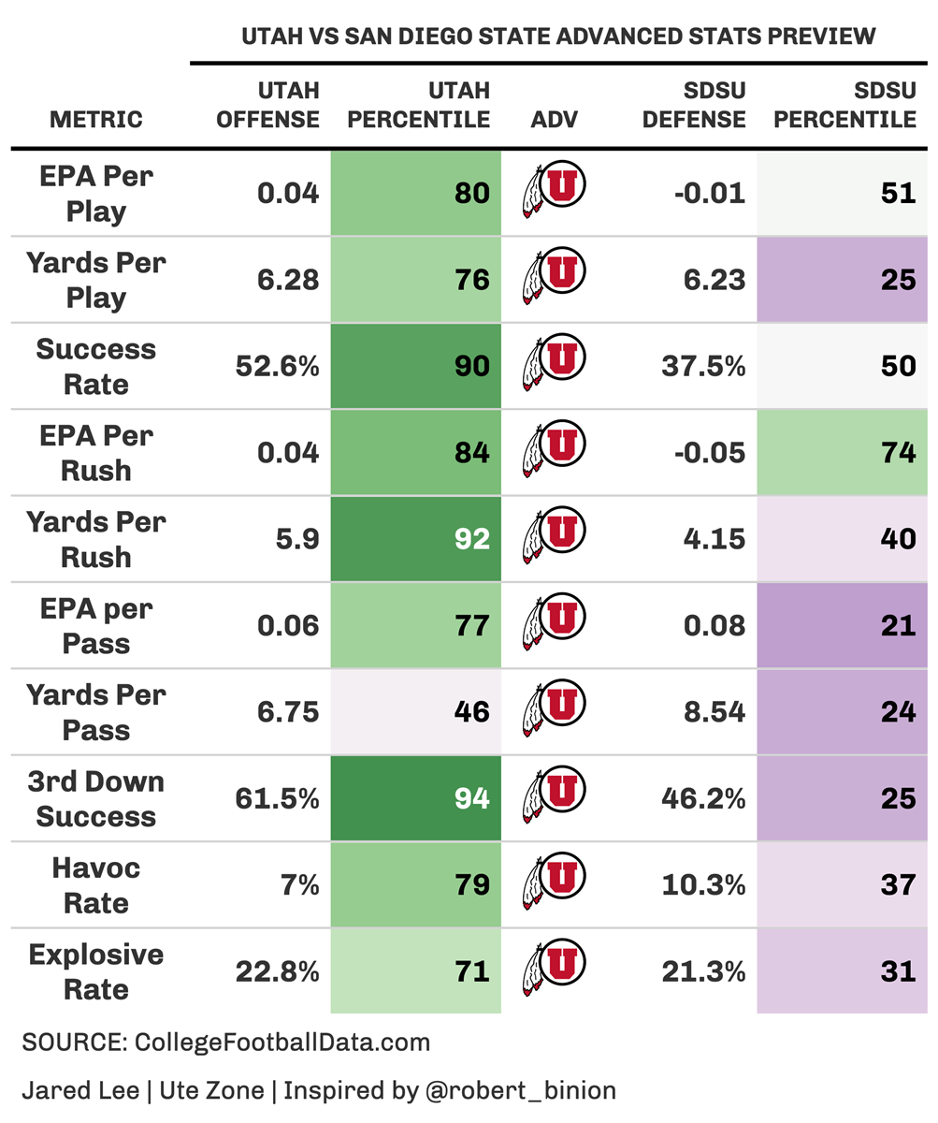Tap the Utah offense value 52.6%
(278, 366)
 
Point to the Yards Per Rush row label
(96, 539)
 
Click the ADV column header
(555, 119)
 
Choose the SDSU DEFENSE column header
(694, 105)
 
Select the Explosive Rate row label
(96, 971)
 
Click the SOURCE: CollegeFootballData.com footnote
(225, 1043)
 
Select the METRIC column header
(96, 119)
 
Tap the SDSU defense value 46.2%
(703, 798)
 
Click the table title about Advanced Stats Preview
(558, 36)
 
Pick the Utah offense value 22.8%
(278, 971)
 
